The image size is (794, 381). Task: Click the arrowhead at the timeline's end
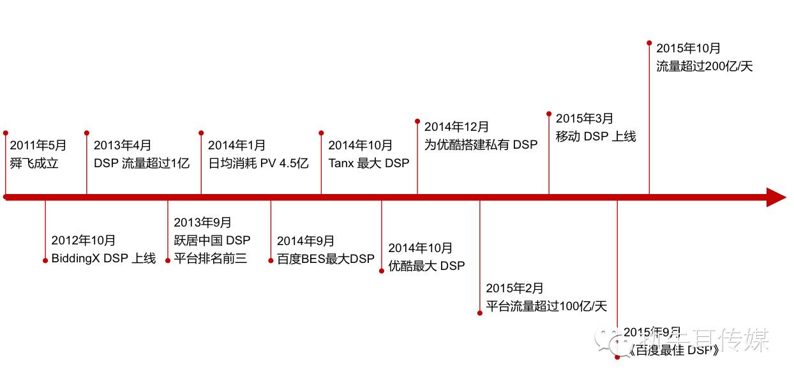pyautogui.click(x=775, y=197)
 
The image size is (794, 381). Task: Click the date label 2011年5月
pyautogui.click(x=38, y=146)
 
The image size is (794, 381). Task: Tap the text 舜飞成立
pyautogui.click(x=34, y=163)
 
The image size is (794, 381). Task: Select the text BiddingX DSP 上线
pyautogui.click(x=103, y=258)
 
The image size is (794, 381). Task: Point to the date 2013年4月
pyautogui.click(x=123, y=146)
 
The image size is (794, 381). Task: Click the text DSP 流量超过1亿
pyautogui.click(x=142, y=163)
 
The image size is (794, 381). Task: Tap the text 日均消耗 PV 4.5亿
pyautogui.click(x=258, y=163)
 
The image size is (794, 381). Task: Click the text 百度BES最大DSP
pyautogui.click(x=326, y=259)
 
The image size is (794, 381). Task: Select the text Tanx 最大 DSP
pyautogui.click(x=369, y=163)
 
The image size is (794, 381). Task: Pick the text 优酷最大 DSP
pyautogui.click(x=426, y=265)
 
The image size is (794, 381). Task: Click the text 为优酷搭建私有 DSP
pyautogui.click(x=481, y=145)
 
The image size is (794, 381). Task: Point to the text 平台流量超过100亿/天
pyautogui.click(x=546, y=306)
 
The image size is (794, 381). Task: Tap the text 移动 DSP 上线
pyautogui.click(x=595, y=137)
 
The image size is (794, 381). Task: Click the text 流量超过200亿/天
pyautogui.click(x=705, y=66)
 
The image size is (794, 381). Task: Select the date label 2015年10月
pyautogui.click(x=688, y=49)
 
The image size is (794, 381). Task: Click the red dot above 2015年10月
pyautogui.click(x=649, y=43)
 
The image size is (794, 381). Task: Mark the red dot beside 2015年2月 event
pyautogui.click(x=480, y=313)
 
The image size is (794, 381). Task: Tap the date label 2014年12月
pyautogui.click(x=456, y=127)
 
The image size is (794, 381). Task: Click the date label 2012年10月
pyautogui.click(x=84, y=241)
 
